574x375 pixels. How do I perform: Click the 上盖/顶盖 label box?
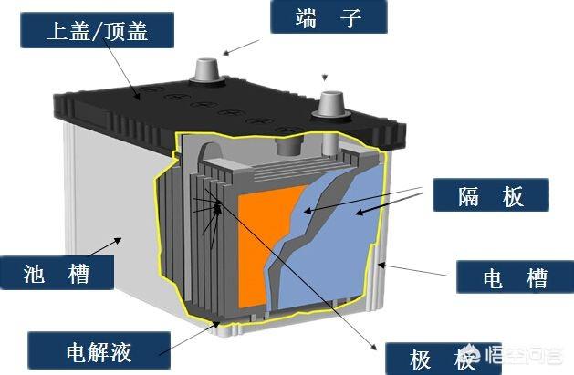pyautogui.click(x=97, y=30)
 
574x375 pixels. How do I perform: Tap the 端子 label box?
pyautogui.click(x=329, y=16)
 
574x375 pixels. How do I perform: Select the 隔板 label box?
pyautogui.click(x=491, y=195)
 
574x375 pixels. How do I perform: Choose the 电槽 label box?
pyautogui.click(x=515, y=277)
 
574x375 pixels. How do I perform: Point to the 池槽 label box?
pyautogui.click(x=57, y=273)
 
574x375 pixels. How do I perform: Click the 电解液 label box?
pyautogui.click(x=99, y=350)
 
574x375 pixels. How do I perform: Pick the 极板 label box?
pyautogui.click(x=444, y=359)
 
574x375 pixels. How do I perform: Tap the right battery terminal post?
pyautogui.click(x=331, y=104)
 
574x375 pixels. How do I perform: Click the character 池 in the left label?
pyautogui.click(x=34, y=274)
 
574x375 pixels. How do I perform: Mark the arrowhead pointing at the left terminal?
pyautogui.click(x=226, y=54)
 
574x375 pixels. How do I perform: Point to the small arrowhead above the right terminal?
pyautogui.click(x=324, y=78)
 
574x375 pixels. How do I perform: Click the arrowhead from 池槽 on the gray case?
pyautogui.click(x=118, y=240)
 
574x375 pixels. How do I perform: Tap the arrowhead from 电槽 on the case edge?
pyautogui.click(x=381, y=265)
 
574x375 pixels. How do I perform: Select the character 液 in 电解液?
pyautogui.click(x=120, y=351)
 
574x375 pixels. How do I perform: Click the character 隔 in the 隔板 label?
pyautogui.click(x=468, y=196)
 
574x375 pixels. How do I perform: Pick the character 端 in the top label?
pyautogui.click(x=307, y=18)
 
